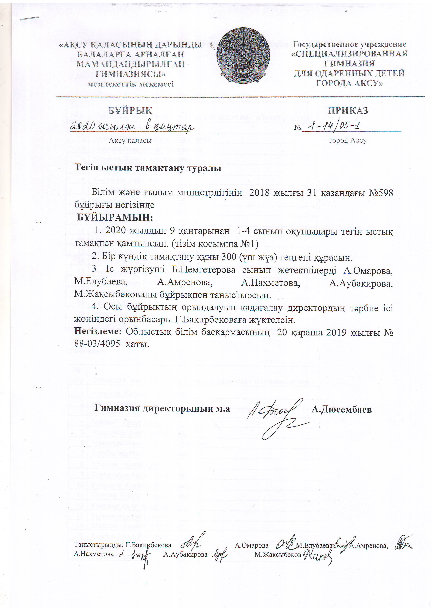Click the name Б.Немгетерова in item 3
click(203, 270)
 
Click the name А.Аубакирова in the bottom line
click(185, 554)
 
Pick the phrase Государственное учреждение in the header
click(349, 44)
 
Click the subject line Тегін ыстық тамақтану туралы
click(148, 168)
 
